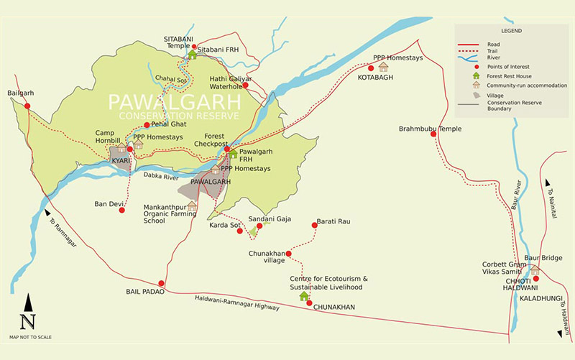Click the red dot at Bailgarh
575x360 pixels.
(x=27, y=106)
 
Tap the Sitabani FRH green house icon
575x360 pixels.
(x=193, y=55)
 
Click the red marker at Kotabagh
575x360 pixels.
(x=371, y=68)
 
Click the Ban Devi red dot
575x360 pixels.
(x=129, y=203)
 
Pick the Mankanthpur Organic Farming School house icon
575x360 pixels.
(x=192, y=206)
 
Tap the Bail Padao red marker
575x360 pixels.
(x=161, y=283)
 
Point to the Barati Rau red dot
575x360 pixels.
(x=315, y=226)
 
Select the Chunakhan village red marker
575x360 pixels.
(x=289, y=253)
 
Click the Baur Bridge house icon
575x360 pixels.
(x=534, y=269)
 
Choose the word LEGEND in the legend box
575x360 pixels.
(x=512, y=32)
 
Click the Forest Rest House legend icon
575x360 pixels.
(x=475, y=75)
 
